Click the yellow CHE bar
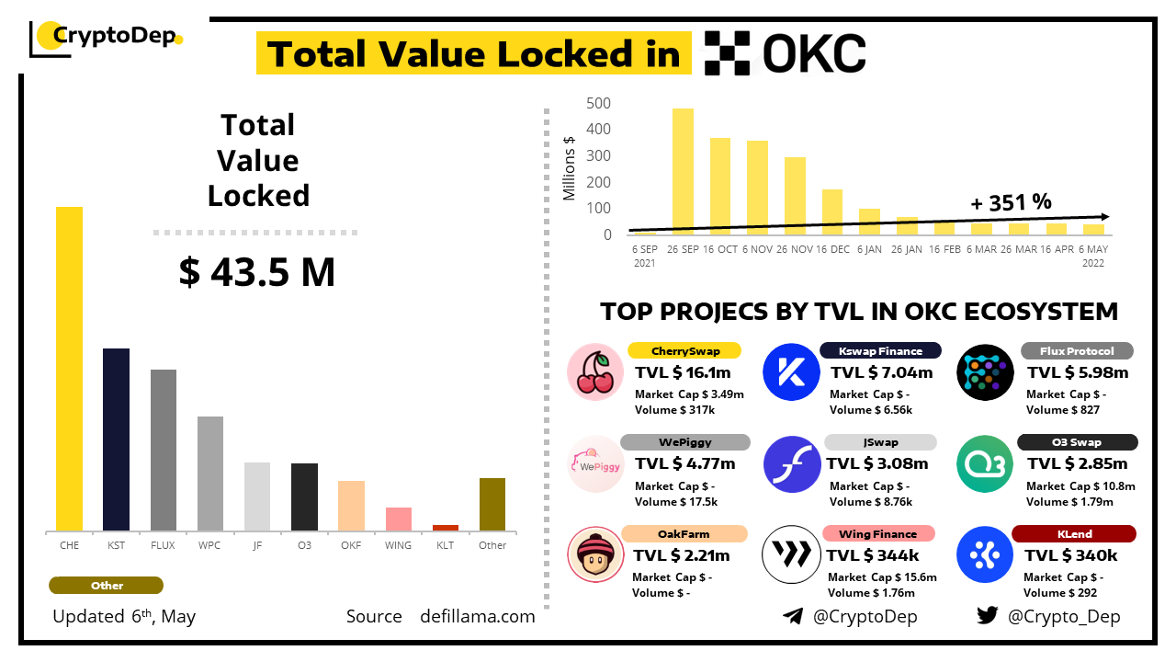[69, 368]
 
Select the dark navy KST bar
[116, 439]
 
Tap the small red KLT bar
[446, 528]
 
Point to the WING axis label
[398, 545]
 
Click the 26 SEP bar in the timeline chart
[683, 171]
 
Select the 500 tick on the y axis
[599, 103]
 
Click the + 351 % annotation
[1011, 202]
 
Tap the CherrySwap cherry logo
[595, 372]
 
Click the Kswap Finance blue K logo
[791, 372]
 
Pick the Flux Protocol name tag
[1077, 351]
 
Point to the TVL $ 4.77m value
[685, 463]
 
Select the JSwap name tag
[880, 442]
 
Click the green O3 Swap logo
[984, 464]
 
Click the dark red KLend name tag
[1073, 533]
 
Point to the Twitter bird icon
[987, 616]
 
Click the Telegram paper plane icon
[792, 616]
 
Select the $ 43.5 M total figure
[257, 272]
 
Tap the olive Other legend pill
[107, 586]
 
